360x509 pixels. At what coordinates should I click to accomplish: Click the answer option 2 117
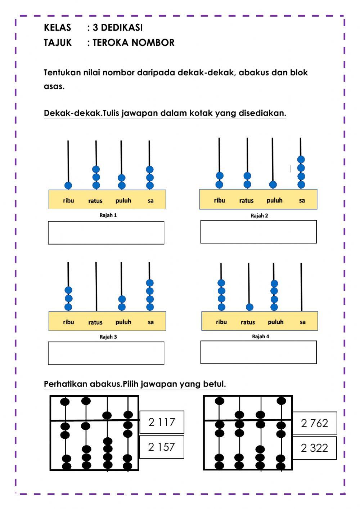click(x=162, y=422)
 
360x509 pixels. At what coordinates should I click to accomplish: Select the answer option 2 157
click(x=161, y=447)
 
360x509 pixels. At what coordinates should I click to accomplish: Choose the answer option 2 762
click(x=314, y=423)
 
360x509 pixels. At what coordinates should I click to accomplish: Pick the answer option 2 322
click(x=314, y=448)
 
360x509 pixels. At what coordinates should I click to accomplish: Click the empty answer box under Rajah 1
click(x=106, y=233)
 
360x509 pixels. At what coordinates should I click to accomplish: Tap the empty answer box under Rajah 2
click(x=258, y=232)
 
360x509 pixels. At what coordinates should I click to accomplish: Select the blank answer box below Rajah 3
click(x=106, y=353)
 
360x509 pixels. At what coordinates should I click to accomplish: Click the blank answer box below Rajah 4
click(x=258, y=352)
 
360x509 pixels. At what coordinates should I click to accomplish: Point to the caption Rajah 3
click(x=108, y=337)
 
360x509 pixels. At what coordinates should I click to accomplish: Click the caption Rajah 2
click(x=259, y=216)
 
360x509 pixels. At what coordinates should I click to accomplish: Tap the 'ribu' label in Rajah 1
click(x=68, y=201)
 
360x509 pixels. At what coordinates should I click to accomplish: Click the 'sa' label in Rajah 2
click(x=302, y=201)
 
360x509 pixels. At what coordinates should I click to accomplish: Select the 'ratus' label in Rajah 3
click(x=95, y=322)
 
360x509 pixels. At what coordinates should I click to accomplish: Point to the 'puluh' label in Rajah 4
click(x=276, y=322)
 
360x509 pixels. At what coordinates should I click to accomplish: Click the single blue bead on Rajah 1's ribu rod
click(x=68, y=186)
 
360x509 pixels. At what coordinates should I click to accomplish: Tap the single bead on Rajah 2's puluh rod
click(x=273, y=185)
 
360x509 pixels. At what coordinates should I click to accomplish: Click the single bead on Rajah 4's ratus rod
click(x=249, y=307)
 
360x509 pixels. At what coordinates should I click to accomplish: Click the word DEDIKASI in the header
click(x=118, y=28)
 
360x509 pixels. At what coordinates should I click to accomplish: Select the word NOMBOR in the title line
click(x=153, y=43)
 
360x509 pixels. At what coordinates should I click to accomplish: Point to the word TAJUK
click(x=58, y=43)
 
